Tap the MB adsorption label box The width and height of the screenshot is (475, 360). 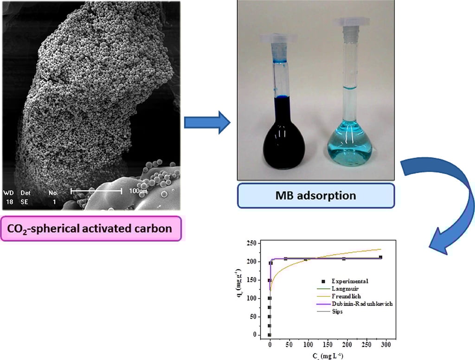click(x=316, y=195)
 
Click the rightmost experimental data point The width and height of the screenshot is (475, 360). click(x=380, y=257)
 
